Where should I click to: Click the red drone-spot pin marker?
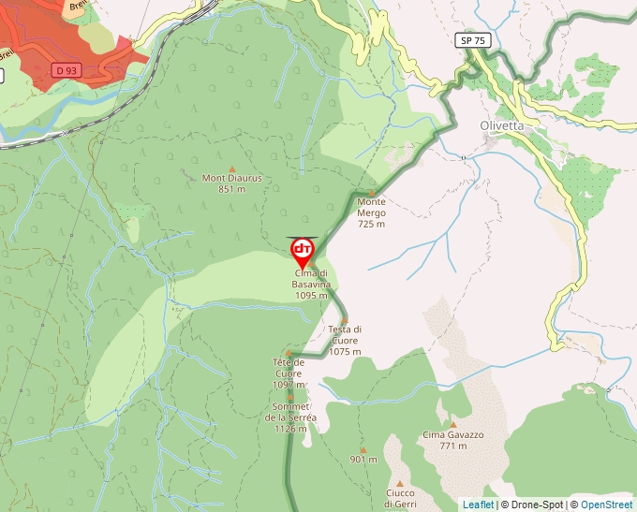pyautogui.click(x=303, y=251)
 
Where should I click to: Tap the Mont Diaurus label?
pyautogui.click(x=231, y=183)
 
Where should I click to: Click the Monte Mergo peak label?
pyautogui.click(x=371, y=212)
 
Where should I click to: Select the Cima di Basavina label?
pyautogui.click(x=311, y=284)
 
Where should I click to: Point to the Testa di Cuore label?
pyautogui.click(x=345, y=341)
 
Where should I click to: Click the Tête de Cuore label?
pyautogui.click(x=289, y=373)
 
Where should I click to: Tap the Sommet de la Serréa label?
pyautogui.click(x=290, y=417)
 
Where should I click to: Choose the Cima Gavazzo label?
pyautogui.click(x=452, y=440)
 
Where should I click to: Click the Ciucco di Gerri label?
pyautogui.click(x=400, y=498)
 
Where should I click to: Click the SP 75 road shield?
pyautogui.click(x=474, y=40)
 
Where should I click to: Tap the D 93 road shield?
pyautogui.click(x=65, y=70)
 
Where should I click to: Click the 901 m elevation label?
pyautogui.click(x=363, y=460)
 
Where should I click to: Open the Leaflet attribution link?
pyautogui.click(x=478, y=505)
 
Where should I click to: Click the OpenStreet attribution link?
pyautogui.click(x=608, y=505)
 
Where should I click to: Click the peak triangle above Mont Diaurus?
pyautogui.click(x=232, y=168)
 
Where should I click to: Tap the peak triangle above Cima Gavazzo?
pyautogui.click(x=452, y=424)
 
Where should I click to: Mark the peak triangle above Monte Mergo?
pyautogui.click(x=372, y=193)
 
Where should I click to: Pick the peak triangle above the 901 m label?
pyautogui.click(x=363, y=449)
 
